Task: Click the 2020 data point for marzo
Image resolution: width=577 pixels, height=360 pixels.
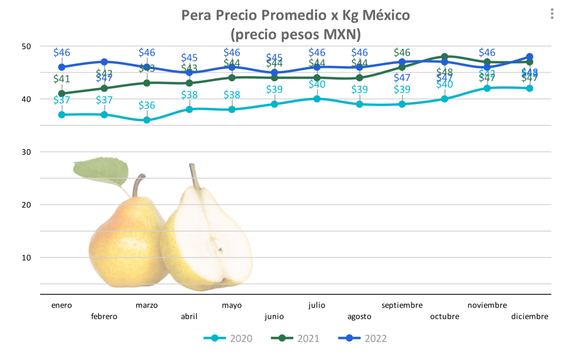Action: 147,120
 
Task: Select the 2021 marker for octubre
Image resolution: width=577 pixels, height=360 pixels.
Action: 445,57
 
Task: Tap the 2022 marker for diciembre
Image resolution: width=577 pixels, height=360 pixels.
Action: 530,57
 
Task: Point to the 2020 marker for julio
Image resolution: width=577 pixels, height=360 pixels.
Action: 317,99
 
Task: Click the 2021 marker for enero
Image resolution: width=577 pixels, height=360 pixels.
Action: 62,94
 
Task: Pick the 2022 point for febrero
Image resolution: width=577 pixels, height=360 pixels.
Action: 104,62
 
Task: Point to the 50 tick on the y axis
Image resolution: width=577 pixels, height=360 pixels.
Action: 26,47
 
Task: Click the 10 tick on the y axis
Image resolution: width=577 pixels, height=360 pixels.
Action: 26,258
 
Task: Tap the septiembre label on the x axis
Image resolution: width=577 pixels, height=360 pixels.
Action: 402,305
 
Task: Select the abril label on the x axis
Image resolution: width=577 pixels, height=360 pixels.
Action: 189,316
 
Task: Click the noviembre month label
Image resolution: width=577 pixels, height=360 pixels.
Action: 487,305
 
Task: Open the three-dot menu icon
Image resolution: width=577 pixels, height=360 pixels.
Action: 552,14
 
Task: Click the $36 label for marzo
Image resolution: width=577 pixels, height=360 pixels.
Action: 147,105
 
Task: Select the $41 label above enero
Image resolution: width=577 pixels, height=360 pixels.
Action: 62,79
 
